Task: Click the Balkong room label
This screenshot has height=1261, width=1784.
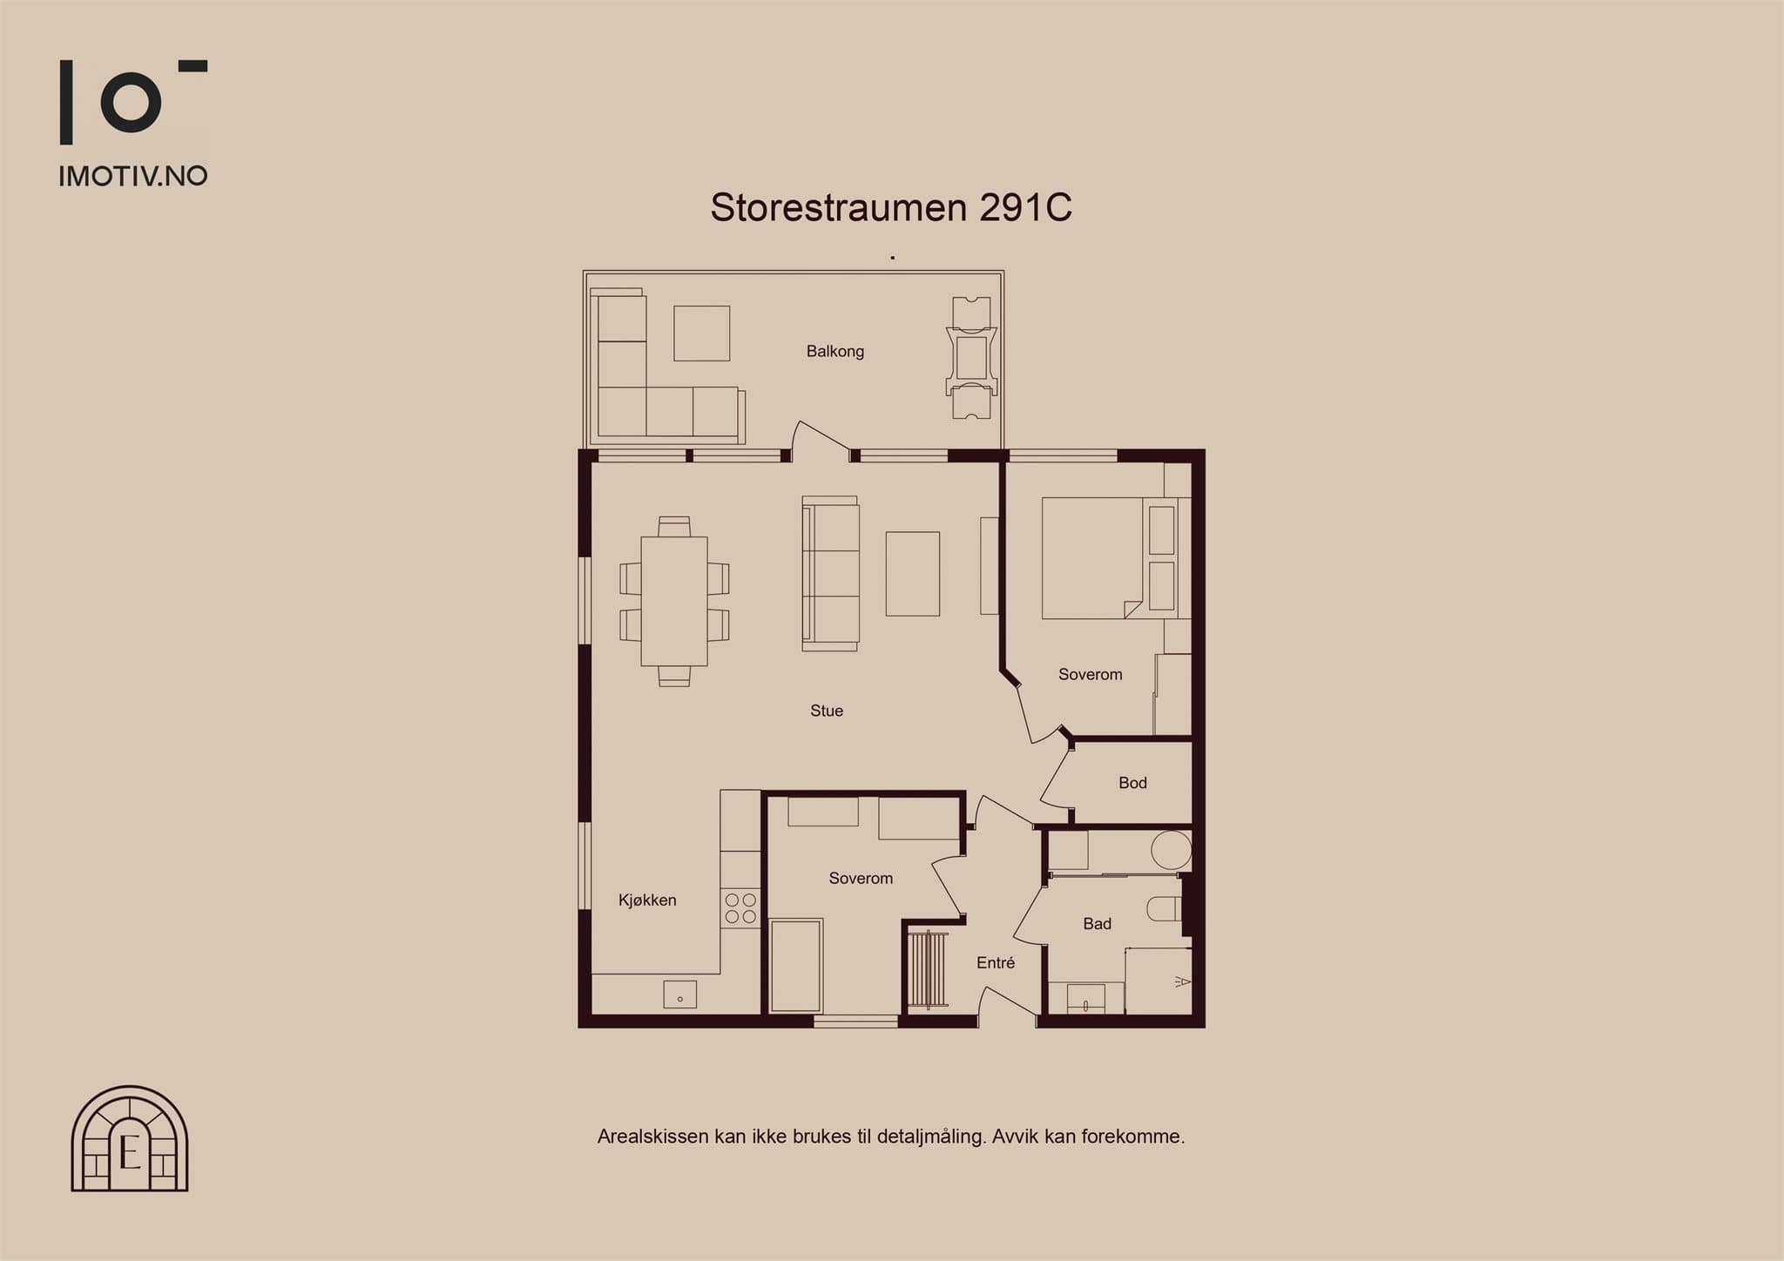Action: point(835,351)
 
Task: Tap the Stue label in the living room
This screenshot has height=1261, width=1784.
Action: point(827,711)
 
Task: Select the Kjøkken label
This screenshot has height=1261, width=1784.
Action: point(647,900)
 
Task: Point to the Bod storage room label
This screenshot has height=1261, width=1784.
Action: point(1132,783)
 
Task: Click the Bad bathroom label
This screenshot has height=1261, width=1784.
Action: point(1097,924)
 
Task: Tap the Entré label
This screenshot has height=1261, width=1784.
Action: point(996,962)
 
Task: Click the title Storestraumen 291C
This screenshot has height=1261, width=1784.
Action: point(891,207)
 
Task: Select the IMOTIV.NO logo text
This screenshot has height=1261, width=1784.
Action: point(133,176)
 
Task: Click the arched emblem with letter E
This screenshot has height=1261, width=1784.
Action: point(130,1138)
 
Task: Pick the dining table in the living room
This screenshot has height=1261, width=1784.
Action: point(674,601)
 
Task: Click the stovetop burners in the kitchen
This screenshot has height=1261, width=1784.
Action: point(740,908)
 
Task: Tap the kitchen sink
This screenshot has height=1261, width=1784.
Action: point(679,994)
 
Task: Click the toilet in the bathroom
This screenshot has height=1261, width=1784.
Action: point(1164,908)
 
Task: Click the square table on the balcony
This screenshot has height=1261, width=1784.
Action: point(701,334)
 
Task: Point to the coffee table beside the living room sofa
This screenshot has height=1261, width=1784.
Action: point(913,574)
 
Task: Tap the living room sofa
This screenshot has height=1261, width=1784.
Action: point(831,574)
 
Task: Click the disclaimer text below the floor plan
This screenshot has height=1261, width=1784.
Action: point(891,1136)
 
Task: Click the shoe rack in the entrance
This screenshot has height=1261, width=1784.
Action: point(929,969)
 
